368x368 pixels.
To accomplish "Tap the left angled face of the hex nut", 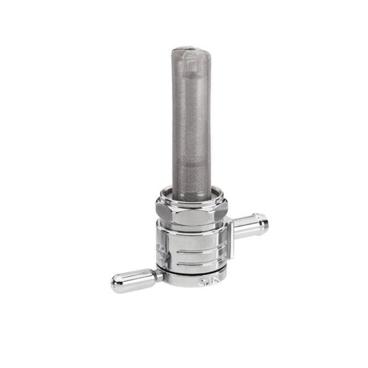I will coord(163,210).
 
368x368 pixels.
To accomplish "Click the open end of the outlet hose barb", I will coord(264,223).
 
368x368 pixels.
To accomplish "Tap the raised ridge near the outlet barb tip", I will coord(258,224).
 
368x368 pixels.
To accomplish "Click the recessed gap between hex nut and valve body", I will coord(191,228).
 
